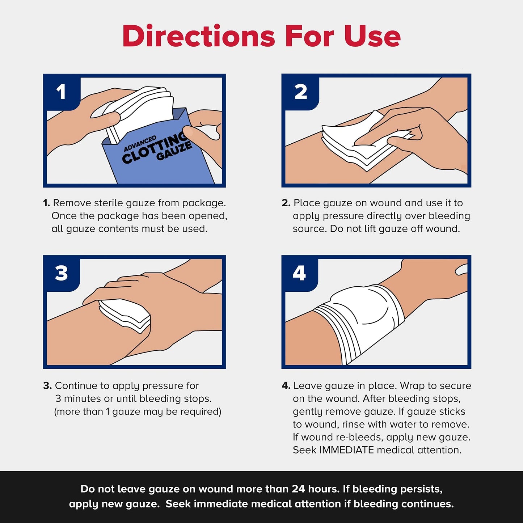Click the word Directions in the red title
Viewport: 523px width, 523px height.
[198, 36]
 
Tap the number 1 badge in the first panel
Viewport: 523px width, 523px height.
[61, 92]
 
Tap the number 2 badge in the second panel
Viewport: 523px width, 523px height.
[300, 92]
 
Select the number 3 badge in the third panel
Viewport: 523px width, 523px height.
[61, 273]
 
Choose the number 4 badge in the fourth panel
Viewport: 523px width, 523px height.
[299, 273]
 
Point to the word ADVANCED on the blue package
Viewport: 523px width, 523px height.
[140, 143]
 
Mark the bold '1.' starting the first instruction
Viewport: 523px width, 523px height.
[46, 203]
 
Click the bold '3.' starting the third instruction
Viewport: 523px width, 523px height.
[47, 386]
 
